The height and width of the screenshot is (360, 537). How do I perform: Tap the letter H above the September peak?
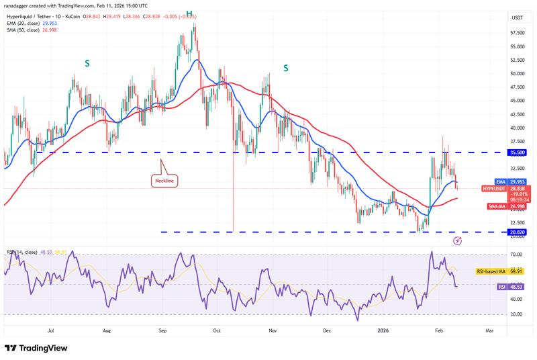(189, 13)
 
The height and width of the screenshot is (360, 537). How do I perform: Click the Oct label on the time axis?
(216, 330)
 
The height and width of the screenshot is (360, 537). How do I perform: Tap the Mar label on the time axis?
(489, 330)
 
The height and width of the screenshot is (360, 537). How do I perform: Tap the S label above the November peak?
(286, 68)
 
